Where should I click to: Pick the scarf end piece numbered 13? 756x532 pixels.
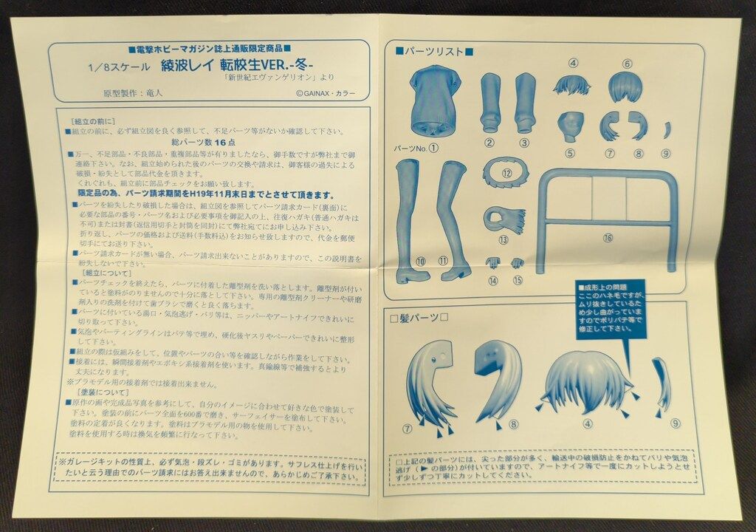pos(504,219)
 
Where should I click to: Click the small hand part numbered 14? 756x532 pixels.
pos(492,263)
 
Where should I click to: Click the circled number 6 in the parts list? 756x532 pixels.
pos(627,64)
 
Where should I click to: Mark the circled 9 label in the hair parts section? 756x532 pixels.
pos(676,423)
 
